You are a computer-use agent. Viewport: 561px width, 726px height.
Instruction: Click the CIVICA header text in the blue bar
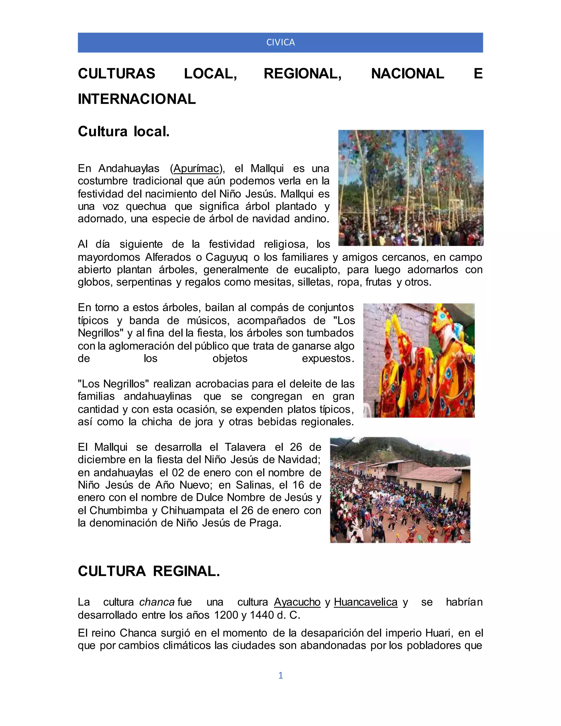click(280, 42)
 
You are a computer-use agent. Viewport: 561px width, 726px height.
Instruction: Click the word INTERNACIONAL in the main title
click(137, 99)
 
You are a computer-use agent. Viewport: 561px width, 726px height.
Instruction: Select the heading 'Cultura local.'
click(124, 132)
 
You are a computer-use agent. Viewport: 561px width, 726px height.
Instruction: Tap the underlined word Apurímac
click(196, 168)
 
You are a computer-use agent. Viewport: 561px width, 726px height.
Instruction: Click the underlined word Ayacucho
click(297, 602)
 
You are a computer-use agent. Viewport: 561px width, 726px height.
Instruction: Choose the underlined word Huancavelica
click(366, 602)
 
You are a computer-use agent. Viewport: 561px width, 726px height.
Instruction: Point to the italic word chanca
click(157, 602)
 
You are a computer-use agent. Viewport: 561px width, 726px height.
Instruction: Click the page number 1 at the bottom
click(280, 675)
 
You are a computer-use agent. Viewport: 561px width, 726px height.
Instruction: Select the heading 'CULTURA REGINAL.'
click(149, 571)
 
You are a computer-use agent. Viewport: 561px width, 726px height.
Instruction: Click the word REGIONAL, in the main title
click(302, 74)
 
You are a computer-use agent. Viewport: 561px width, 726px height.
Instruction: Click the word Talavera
click(245, 447)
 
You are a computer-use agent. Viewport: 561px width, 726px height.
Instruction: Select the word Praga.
click(265, 523)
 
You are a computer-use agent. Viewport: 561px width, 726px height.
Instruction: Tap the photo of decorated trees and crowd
click(411, 188)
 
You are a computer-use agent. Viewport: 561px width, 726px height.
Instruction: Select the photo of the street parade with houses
click(400, 490)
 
